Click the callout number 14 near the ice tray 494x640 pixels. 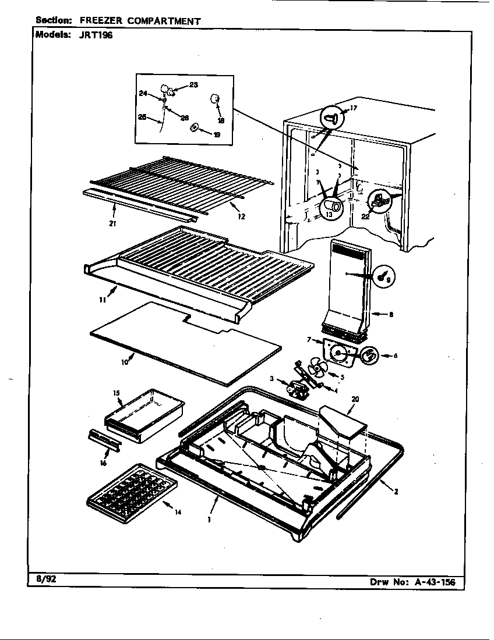pos(178,512)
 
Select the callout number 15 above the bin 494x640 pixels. pos(116,393)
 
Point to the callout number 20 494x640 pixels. pos(355,399)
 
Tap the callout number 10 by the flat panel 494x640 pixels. pos(124,362)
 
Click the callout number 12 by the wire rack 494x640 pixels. pos(241,216)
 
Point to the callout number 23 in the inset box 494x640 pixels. pos(193,85)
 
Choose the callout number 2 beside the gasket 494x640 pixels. pos(396,492)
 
